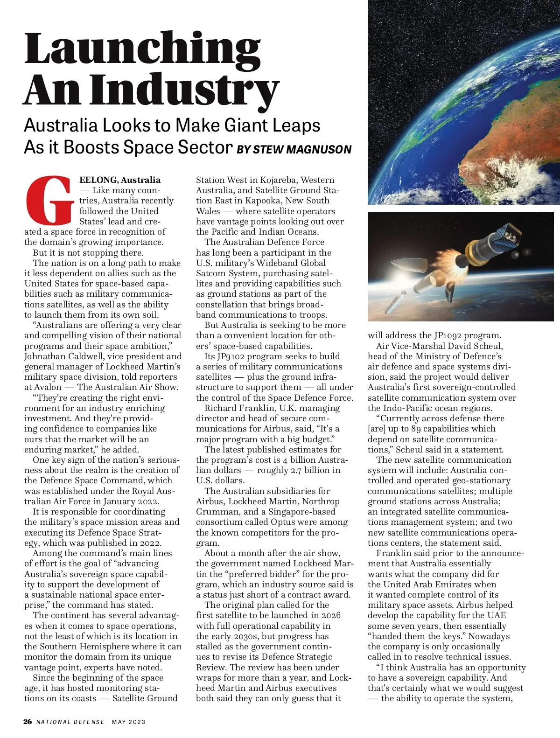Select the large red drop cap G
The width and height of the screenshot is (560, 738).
click(49, 200)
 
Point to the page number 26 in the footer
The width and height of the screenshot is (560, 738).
click(28, 722)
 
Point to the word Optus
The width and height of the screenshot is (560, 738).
click(283, 522)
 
